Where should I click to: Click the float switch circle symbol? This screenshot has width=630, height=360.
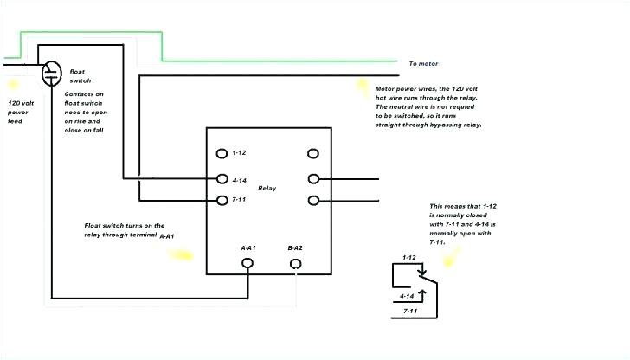(x=52, y=70)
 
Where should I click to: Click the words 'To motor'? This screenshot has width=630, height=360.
(x=423, y=63)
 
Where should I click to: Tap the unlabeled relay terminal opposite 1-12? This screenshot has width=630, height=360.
(x=312, y=153)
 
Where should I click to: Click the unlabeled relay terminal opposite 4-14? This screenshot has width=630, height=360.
(x=312, y=179)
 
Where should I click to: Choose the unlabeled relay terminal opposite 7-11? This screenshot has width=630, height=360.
(x=312, y=200)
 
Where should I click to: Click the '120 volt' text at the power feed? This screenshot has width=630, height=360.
(x=21, y=103)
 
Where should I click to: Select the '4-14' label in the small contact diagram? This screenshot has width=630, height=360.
(x=406, y=296)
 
